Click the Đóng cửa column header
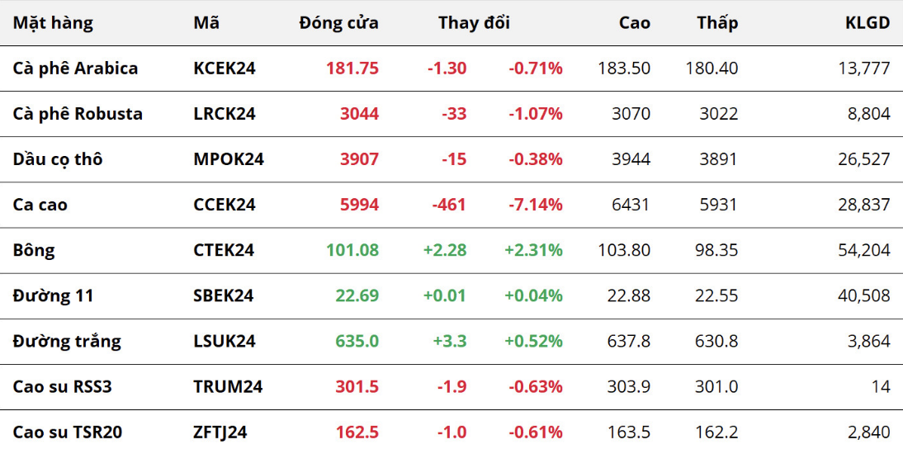(x=338, y=23)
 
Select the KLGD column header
(x=868, y=23)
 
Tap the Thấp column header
(x=717, y=23)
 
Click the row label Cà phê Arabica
(x=75, y=69)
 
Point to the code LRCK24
(x=225, y=114)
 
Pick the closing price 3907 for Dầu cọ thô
(x=359, y=159)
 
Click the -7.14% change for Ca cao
(x=535, y=205)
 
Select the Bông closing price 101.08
(x=352, y=250)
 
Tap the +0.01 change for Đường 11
(x=445, y=295)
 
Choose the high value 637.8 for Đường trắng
(x=629, y=342)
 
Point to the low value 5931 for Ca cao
(x=718, y=205)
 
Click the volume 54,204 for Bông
(x=865, y=250)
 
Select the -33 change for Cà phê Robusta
(x=454, y=114)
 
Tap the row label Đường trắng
(x=67, y=342)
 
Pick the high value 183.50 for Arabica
(x=625, y=69)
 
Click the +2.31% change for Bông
(x=533, y=250)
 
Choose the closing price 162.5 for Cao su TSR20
(x=357, y=432)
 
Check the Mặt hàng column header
(x=53, y=24)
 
